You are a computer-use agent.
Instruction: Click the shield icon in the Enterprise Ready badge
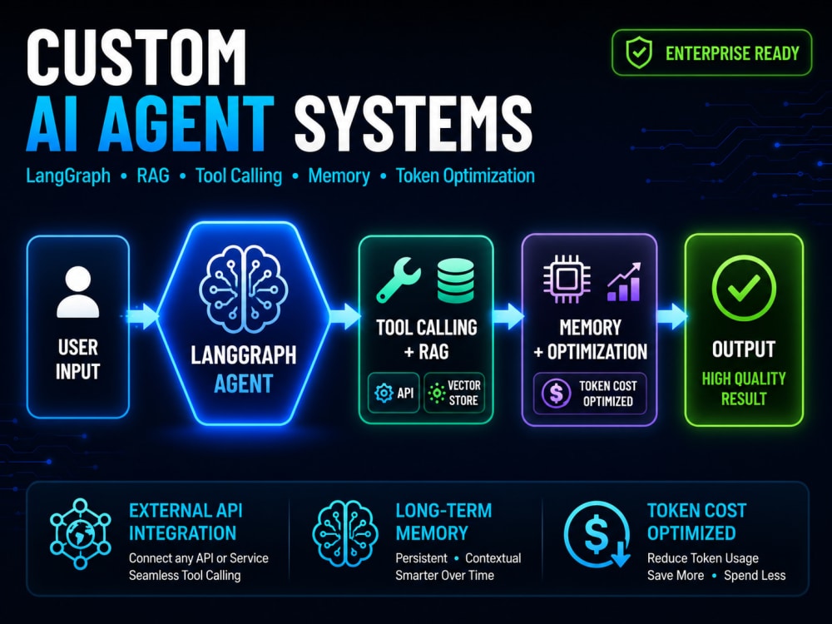point(639,52)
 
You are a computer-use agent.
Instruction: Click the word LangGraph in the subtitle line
point(68,176)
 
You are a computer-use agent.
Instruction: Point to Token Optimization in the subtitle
point(465,176)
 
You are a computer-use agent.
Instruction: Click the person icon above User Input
point(78,291)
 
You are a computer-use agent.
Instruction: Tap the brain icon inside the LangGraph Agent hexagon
point(244,290)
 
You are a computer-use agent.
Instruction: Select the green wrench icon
point(398,279)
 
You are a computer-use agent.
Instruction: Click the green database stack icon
point(455,280)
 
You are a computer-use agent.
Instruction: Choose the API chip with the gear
point(394,393)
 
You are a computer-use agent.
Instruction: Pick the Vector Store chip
point(454,393)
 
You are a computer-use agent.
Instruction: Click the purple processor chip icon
point(566,279)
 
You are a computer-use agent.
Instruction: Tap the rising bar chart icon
point(625,281)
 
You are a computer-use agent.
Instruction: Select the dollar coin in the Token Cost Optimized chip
point(556,394)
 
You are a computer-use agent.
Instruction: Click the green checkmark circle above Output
point(743,288)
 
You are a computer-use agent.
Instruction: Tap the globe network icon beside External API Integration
point(81,533)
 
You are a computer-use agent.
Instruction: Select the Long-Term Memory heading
point(443,522)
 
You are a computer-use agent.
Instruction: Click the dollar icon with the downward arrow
point(597,534)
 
